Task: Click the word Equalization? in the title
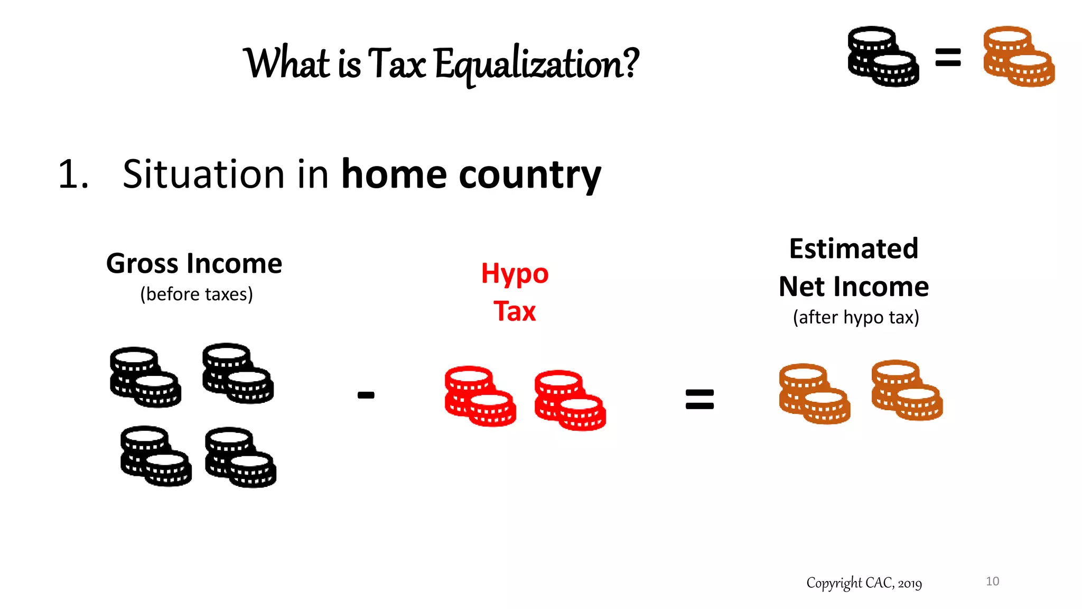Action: click(x=536, y=64)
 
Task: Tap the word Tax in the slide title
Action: click(x=397, y=63)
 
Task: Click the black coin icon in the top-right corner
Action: click(x=883, y=56)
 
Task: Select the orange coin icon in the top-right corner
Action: click(x=1019, y=56)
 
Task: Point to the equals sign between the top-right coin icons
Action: click(x=948, y=57)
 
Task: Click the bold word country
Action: click(x=530, y=175)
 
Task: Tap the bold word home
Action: click(x=394, y=174)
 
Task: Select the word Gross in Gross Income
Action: click(x=143, y=263)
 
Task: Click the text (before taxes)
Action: click(x=197, y=294)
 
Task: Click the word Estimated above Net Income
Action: click(x=854, y=248)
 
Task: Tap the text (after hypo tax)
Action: click(x=856, y=317)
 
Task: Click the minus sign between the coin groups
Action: click(x=366, y=395)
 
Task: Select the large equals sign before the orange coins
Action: click(x=699, y=399)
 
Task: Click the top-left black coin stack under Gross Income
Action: click(x=145, y=377)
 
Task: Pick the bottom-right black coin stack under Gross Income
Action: click(x=240, y=457)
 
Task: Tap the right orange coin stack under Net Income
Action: click(x=907, y=390)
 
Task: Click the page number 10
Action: click(x=992, y=582)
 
